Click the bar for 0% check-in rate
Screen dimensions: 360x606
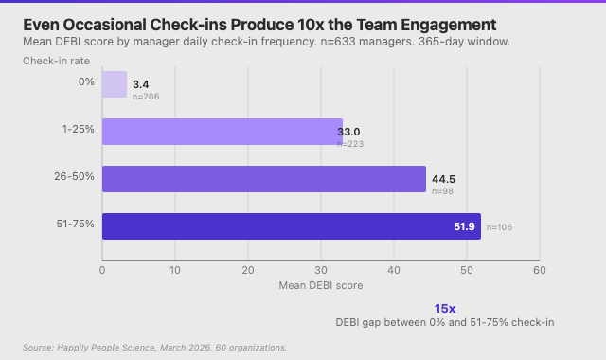114,84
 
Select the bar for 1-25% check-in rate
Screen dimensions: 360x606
222,132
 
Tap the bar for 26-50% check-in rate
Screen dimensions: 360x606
263,179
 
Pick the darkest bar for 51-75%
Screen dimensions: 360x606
291,226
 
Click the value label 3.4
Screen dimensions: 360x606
141,85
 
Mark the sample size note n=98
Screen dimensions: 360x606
442,191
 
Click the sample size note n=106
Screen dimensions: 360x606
499,227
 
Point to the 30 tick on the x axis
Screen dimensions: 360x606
321,269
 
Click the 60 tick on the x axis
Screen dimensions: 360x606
539,269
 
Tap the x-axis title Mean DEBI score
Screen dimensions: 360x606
320,285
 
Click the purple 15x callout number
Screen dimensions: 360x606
445,309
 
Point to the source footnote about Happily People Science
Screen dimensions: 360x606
154,348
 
